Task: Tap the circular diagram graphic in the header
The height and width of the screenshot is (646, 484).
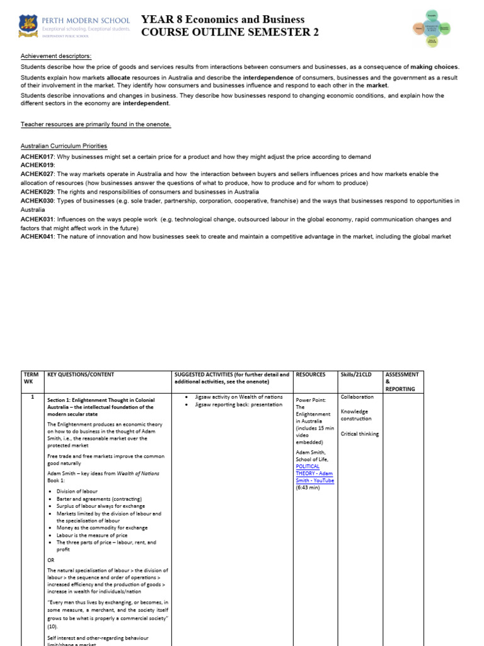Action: (x=431, y=28)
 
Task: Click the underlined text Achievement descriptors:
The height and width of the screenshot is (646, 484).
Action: (x=55, y=56)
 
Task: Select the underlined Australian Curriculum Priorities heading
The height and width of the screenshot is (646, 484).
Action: (x=64, y=146)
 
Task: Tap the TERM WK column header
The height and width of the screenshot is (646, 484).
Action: (x=31, y=378)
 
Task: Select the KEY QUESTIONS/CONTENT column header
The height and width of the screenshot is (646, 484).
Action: (x=81, y=374)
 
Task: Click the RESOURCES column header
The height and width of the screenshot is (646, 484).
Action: (x=311, y=374)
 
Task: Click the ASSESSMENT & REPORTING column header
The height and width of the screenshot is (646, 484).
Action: (x=402, y=382)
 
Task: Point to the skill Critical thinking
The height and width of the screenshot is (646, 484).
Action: (x=360, y=433)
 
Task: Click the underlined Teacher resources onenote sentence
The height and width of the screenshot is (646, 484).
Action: (x=96, y=124)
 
